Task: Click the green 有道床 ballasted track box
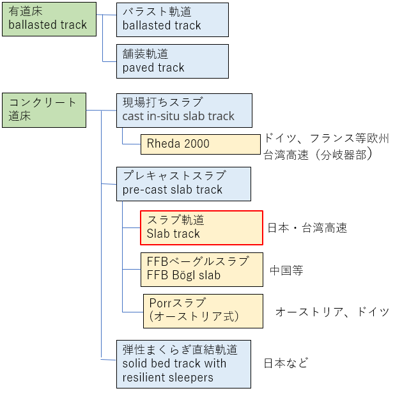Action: point(49,19)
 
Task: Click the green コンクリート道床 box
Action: point(43,110)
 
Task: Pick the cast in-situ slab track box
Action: point(184,110)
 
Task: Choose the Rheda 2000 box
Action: point(201,144)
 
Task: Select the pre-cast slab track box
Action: point(183,183)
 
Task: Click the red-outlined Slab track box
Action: point(201,227)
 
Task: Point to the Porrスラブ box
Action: point(203,311)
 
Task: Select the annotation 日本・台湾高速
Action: point(307,228)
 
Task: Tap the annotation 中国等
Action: point(286,270)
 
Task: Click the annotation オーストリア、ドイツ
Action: point(332,312)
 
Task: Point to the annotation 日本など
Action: point(286,363)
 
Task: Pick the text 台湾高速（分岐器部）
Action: point(318,154)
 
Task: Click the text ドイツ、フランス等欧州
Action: point(327,139)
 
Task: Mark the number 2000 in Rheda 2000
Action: point(196,144)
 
